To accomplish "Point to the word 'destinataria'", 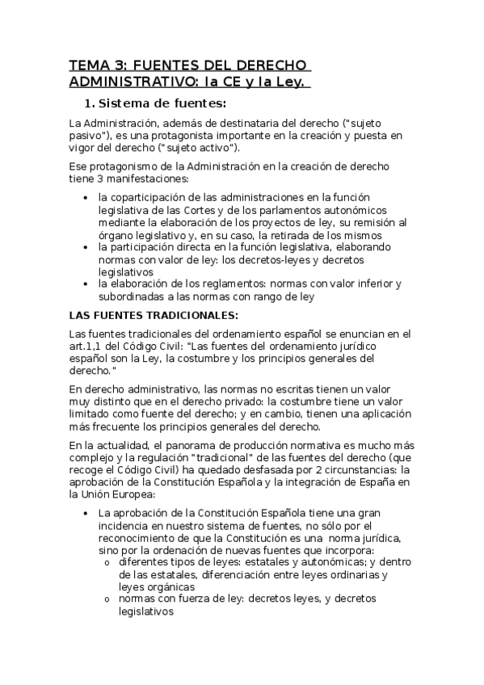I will [x=231, y=122].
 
